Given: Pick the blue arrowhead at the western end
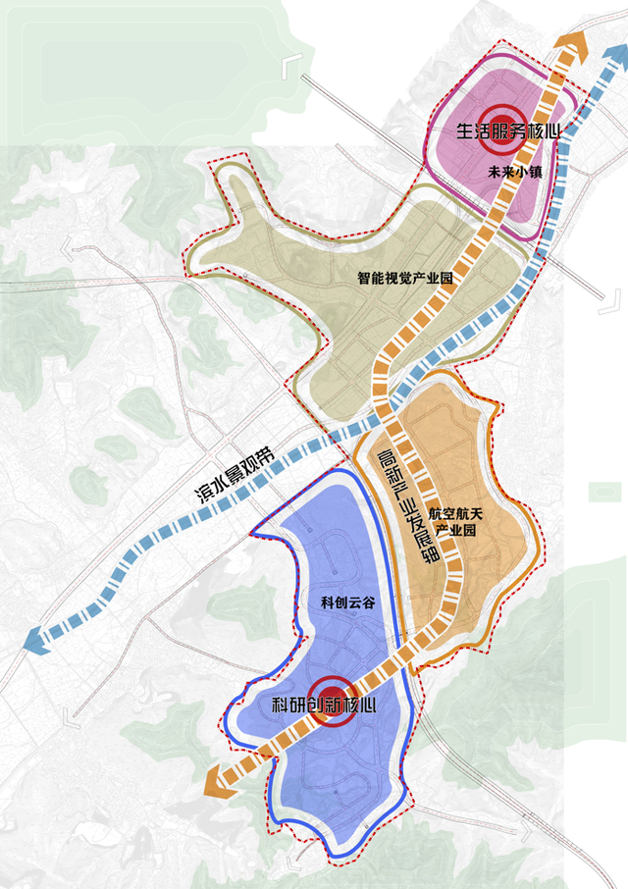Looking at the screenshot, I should pyautogui.click(x=34, y=641).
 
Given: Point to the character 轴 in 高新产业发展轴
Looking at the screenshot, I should pyautogui.click(x=429, y=555).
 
